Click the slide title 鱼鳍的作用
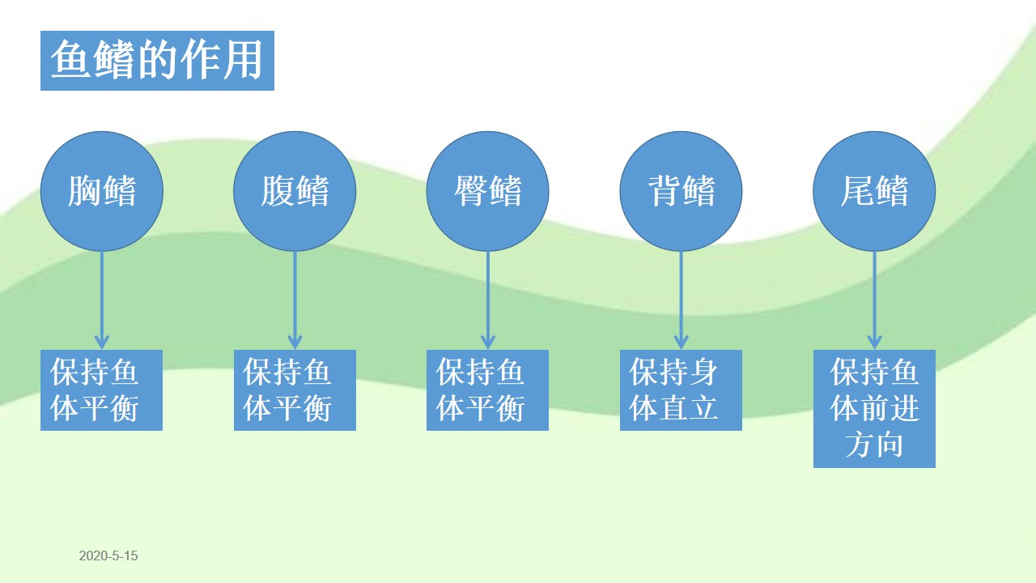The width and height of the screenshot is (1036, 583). tap(157, 61)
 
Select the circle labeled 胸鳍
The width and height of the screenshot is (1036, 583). tap(102, 191)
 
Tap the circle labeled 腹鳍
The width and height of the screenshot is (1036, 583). tap(295, 191)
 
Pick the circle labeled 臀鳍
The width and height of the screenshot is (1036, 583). tap(487, 191)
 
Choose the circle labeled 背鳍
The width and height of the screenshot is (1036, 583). tap(681, 191)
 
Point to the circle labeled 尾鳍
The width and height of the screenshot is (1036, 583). tap(874, 191)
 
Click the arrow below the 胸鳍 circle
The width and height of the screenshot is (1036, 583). tap(102, 300)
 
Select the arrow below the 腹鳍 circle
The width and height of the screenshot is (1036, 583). tap(295, 300)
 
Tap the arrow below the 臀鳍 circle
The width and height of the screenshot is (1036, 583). tap(487, 300)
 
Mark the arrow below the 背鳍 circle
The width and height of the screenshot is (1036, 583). tap(681, 300)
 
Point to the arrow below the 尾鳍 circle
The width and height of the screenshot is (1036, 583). tap(874, 300)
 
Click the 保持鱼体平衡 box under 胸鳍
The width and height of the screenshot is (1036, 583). tap(102, 390)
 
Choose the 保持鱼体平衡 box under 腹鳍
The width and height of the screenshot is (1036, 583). tap(295, 390)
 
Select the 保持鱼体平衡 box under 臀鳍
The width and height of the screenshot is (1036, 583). tap(487, 390)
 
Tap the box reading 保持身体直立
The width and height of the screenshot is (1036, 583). tap(681, 390)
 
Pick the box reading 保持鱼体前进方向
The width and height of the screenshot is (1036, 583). tap(874, 409)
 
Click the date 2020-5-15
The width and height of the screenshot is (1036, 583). tap(108, 555)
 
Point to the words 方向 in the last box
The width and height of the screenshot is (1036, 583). tap(874, 445)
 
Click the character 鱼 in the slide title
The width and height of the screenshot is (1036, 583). tap(70, 59)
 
